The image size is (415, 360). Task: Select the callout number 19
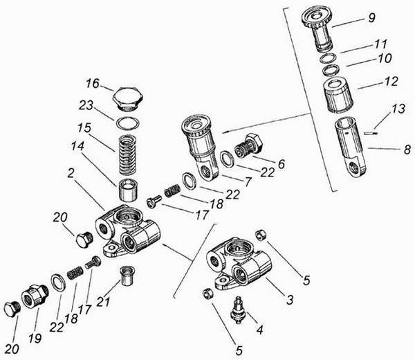click(35, 339)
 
